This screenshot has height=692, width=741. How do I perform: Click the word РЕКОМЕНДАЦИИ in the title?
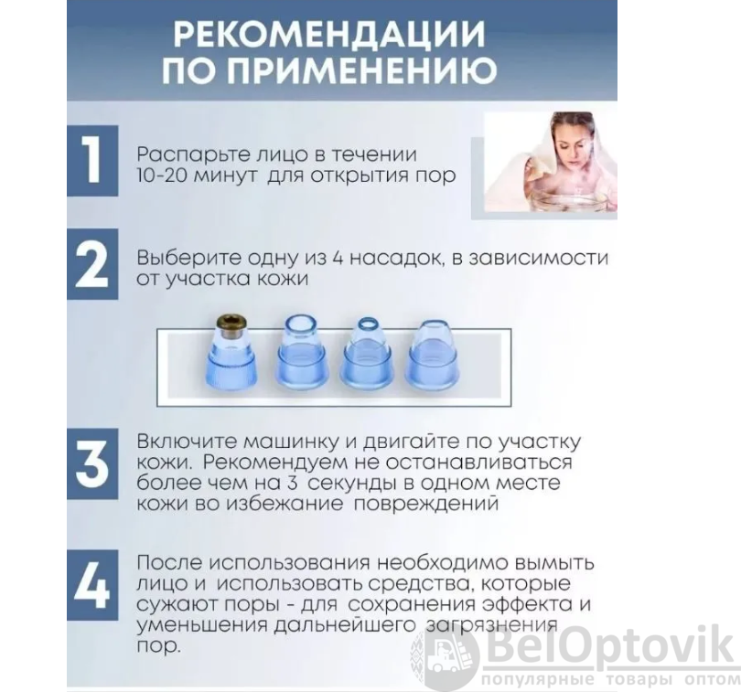(330, 34)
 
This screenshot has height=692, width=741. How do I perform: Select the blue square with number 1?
(92, 161)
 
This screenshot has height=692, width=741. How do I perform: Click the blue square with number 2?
(92, 264)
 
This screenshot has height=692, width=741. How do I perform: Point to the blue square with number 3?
(92, 463)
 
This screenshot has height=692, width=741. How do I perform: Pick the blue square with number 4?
(92, 585)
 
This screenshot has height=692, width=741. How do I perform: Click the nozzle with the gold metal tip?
(231, 349)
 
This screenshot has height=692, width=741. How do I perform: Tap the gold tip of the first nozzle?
(231, 326)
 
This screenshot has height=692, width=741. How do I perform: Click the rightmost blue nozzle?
(433, 350)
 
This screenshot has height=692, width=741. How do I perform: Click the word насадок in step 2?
(395, 259)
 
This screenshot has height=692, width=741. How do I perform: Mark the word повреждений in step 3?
(426, 505)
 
